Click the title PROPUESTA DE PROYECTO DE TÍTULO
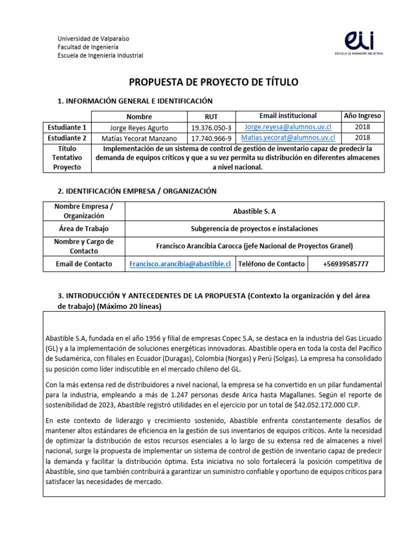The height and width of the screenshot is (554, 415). (213, 82)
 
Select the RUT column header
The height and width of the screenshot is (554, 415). (211, 116)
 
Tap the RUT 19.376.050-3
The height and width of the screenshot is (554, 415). (211, 128)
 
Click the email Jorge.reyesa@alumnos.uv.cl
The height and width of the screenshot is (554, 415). (287, 127)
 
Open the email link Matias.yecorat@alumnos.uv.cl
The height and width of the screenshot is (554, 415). (287, 138)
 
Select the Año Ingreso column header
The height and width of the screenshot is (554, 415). (362, 116)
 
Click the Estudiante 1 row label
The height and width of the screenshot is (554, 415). (67, 128)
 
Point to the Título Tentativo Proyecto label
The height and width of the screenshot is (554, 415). (67, 157)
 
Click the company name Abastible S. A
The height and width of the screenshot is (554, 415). (254, 212)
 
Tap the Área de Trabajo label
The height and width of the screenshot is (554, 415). (83, 228)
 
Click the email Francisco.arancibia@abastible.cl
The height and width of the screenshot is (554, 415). (180, 264)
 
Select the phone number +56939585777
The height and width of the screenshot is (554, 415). (345, 264)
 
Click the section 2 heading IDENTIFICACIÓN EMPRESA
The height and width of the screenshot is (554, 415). (137, 191)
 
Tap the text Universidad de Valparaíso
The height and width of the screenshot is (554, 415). (93, 39)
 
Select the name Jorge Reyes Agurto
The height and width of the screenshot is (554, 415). (139, 128)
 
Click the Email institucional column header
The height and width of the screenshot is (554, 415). (287, 116)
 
